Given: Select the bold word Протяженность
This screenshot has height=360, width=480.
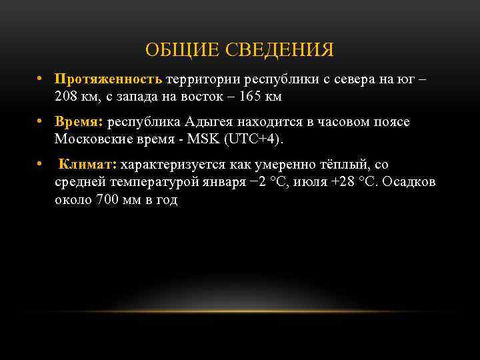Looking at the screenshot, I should pyautogui.click(x=109, y=79).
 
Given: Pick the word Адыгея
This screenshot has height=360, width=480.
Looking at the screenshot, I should pyautogui.click(x=211, y=122).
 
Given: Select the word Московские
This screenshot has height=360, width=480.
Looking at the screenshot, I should pyautogui.click(x=93, y=140).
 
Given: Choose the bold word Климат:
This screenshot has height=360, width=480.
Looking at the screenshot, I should pyautogui.click(x=88, y=164).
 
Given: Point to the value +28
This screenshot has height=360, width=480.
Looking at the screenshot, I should pyautogui.click(x=341, y=182).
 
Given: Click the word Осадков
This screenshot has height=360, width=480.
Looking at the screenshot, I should pyautogui.click(x=410, y=182).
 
